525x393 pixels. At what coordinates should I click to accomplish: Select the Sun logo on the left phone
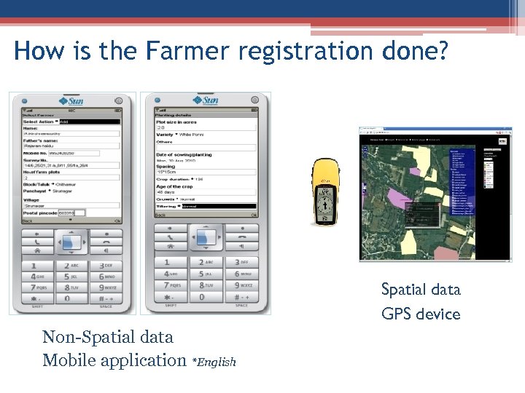pyautogui.click(x=71, y=100)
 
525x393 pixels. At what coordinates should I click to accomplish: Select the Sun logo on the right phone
pyautogui.click(x=206, y=100)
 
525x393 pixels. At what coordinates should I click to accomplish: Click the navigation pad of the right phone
pyautogui.click(x=206, y=237)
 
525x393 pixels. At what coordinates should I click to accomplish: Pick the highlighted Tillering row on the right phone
pyautogui.click(x=206, y=207)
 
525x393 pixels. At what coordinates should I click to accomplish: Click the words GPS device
pyautogui.click(x=421, y=314)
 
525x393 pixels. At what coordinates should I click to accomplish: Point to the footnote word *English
pyautogui.click(x=214, y=362)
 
